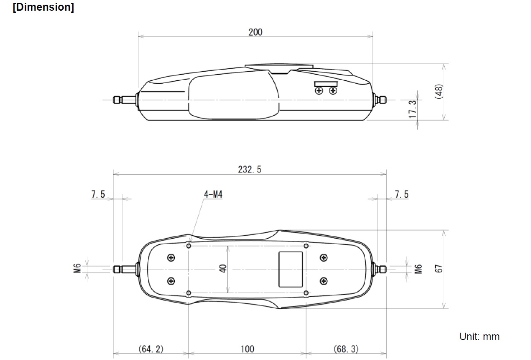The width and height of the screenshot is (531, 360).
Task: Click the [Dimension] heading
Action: click(x=44, y=7)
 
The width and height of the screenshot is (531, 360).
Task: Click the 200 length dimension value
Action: click(x=255, y=32)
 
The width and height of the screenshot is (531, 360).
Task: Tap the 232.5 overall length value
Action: click(x=249, y=170)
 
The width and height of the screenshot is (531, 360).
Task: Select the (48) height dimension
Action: click(x=439, y=92)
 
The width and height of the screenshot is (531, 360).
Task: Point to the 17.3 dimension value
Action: click(x=413, y=109)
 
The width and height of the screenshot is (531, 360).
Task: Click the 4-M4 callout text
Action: click(x=213, y=195)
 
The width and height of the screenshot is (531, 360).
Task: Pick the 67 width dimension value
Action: click(x=439, y=269)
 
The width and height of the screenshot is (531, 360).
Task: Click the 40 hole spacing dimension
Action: click(x=223, y=269)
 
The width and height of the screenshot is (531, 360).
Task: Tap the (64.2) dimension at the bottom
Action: click(x=151, y=349)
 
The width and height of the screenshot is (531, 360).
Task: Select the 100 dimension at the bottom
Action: click(x=247, y=349)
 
